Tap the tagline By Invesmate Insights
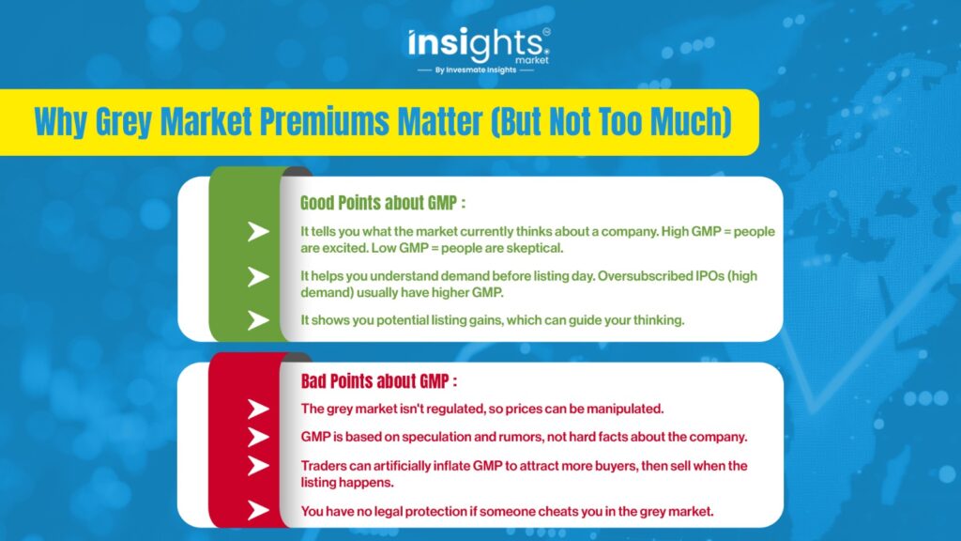(x=476, y=70)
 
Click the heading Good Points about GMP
(x=383, y=203)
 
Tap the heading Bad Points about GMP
(x=379, y=381)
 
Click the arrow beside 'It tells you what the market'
(x=258, y=231)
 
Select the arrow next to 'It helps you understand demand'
(x=258, y=277)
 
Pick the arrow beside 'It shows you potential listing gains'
(x=258, y=320)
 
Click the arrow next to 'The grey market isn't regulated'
(x=258, y=410)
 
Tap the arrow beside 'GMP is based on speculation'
(x=258, y=438)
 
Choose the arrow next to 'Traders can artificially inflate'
(x=258, y=466)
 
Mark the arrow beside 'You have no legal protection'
(x=258, y=510)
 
